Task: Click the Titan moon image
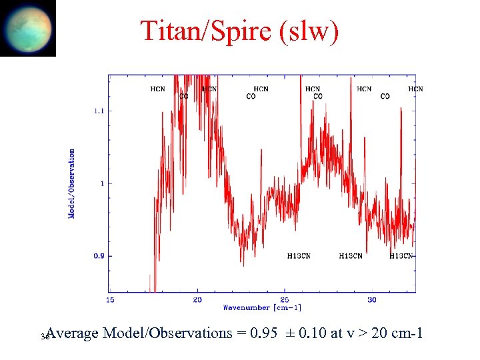[28, 28]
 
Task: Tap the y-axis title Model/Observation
[72, 183]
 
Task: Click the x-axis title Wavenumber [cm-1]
[262, 307]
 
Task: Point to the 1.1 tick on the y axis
[98, 111]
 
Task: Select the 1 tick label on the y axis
[101, 183]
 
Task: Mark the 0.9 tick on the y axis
[98, 256]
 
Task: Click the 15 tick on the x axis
[111, 299]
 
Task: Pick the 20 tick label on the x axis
[197, 299]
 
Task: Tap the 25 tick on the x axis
[285, 299]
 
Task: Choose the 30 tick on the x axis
[371, 299]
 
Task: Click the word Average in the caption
[74, 333]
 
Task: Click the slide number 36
[44, 337]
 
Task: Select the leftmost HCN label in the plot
[158, 89]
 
